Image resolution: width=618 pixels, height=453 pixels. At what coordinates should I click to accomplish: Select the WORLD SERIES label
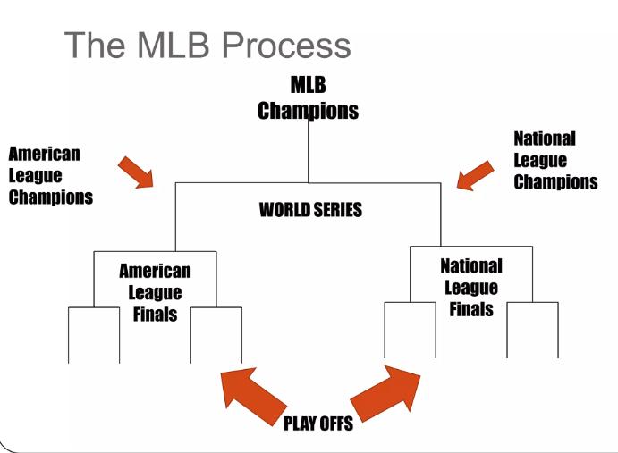point(309,214)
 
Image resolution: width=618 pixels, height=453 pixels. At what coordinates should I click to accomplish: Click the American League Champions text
point(50,175)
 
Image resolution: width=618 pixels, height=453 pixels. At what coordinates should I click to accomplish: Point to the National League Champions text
point(555,161)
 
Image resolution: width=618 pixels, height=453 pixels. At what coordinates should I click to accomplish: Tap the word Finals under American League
point(155,315)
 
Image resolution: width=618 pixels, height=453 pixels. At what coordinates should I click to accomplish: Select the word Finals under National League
point(470,310)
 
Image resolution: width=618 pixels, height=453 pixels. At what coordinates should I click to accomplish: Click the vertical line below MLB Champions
point(309,152)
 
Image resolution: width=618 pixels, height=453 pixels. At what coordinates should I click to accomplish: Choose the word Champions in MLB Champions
point(309,112)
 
